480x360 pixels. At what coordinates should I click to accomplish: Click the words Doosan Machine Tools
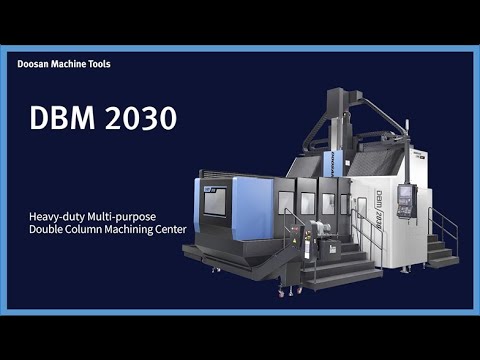pos(64,64)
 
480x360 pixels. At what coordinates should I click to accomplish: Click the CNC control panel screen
pos(406,194)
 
